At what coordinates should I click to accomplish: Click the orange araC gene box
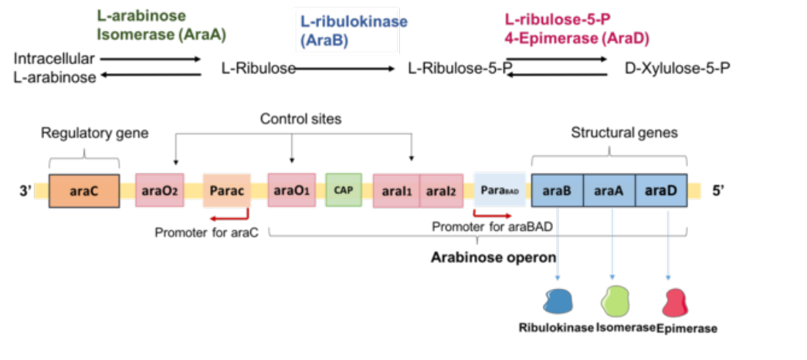pos(84,191)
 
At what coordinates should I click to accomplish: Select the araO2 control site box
pos(160,190)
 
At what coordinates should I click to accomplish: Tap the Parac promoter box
pos(227,190)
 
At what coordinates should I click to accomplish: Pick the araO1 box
pos(291,190)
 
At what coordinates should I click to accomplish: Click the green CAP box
pos(344,190)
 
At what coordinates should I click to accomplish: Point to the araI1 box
pos(396,191)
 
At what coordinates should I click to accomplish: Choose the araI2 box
pos(441,191)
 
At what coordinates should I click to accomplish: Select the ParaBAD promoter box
pos(499,189)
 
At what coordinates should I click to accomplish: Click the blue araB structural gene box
pos(558,191)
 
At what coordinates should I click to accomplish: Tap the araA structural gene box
pos(609,191)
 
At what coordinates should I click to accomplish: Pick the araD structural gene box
pos(661,191)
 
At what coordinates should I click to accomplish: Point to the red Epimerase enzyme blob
pos(675,303)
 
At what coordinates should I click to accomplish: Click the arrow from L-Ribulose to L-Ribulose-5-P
pos(344,67)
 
